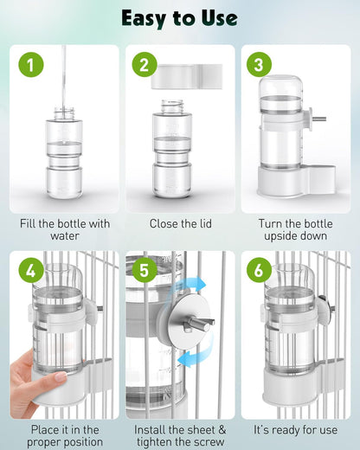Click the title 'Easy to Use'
pyautogui.click(x=180, y=17)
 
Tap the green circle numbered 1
pyautogui.click(x=30, y=65)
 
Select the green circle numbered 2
pyautogui.click(x=145, y=65)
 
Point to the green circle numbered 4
pyautogui.click(x=30, y=271)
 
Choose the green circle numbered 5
pyautogui.click(x=145, y=271)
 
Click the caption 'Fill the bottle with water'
pyautogui.click(x=64, y=229)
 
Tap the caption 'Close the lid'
pyautogui.click(x=180, y=223)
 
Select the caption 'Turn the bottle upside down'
pyautogui.click(x=295, y=229)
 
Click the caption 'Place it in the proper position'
pyautogui.click(x=64, y=435)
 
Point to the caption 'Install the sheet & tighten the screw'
pyautogui.click(x=180, y=435)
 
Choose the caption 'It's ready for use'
pyautogui.click(x=295, y=429)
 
